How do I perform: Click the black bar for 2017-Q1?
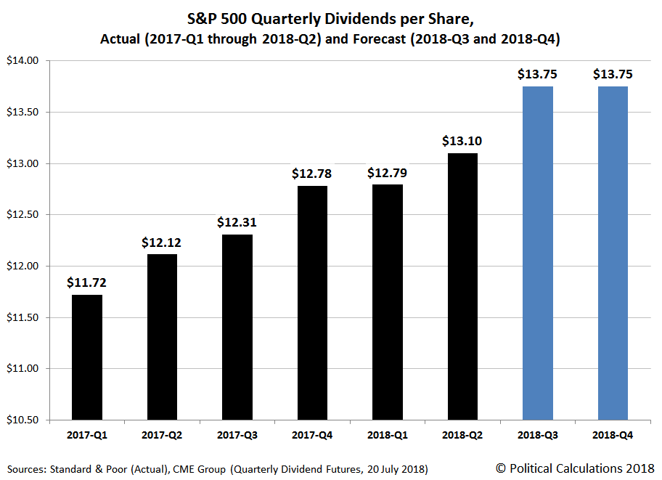[86, 357]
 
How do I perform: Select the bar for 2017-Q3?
[237, 327]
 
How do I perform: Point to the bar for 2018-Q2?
[462, 286]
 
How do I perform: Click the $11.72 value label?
[86, 282]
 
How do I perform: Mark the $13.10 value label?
[462, 141]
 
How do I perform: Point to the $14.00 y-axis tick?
[28, 61]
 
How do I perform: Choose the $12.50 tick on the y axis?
[28, 215]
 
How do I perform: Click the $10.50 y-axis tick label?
[28, 420]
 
